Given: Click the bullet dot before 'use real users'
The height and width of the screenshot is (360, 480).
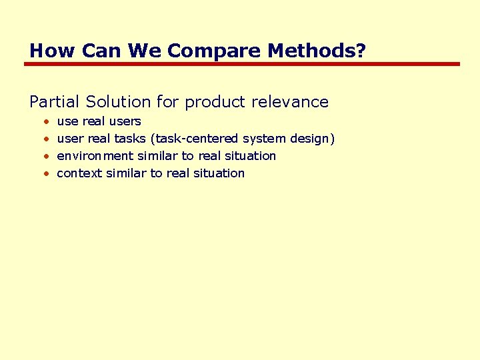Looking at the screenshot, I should [x=45, y=122].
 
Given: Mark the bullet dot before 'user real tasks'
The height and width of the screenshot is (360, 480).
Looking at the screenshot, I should [x=45, y=139].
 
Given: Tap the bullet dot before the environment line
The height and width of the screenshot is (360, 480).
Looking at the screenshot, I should [x=45, y=156].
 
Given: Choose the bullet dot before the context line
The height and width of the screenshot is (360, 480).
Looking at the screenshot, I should [x=45, y=173].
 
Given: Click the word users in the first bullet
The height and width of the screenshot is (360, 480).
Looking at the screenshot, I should [x=125, y=121].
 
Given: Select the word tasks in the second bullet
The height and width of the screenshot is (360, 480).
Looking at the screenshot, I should [x=131, y=139].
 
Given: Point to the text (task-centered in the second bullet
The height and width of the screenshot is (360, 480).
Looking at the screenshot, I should [x=195, y=139].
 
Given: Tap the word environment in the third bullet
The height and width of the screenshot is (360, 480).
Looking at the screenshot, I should [x=95, y=156].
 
